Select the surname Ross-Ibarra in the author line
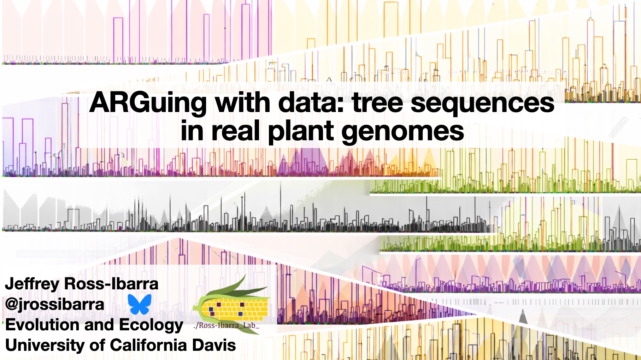111,284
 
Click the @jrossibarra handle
55,305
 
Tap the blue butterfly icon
140,304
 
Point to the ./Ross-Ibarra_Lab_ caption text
227,325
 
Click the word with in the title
243,102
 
